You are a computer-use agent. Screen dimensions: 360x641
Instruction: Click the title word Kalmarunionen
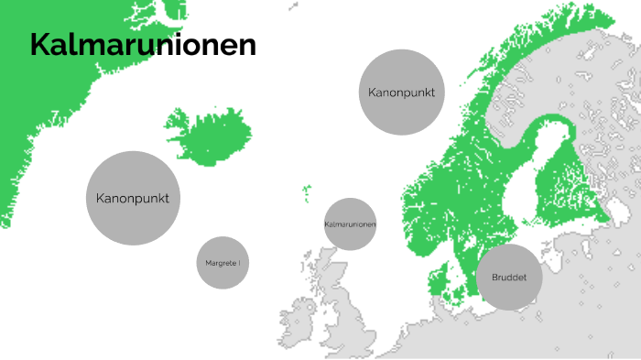(142, 44)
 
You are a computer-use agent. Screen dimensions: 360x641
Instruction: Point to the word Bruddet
(509, 277)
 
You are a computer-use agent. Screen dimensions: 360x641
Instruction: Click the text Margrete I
(223, 263)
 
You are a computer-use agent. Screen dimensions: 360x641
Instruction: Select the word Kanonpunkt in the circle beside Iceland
(132, 198)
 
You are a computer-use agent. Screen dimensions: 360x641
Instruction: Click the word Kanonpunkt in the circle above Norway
(401, 93)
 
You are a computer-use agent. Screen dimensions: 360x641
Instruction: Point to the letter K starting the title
(40, 44)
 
